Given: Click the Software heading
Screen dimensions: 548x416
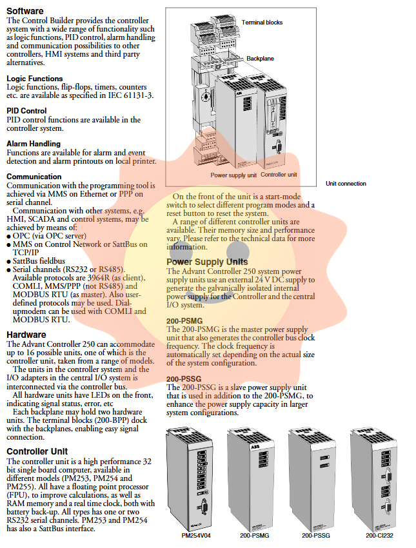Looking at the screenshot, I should (x=25, y=11).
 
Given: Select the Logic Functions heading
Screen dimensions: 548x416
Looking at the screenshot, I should (x=35, y=79).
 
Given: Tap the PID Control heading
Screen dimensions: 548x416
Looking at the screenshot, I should (x=26, y=111).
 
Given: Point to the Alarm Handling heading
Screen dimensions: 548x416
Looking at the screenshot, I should (x=34, y=144).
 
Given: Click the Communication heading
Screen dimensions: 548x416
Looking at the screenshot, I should (x=34, y=177).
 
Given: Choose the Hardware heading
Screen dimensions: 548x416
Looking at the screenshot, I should (x=26, y=335).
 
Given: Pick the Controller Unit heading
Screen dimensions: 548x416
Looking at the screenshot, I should (x=37, y=451).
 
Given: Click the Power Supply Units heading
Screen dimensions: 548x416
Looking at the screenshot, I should (x=207, y=262).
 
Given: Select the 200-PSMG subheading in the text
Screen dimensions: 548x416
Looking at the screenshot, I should (x=184, y=320).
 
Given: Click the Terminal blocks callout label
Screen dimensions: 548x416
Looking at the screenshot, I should (x=262, y=23).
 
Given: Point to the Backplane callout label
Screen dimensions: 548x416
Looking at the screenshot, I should (x=260, y=59).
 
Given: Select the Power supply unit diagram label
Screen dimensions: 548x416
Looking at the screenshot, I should (x=233, y=175).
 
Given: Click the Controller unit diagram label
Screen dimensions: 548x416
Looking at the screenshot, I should (x=279, y=175).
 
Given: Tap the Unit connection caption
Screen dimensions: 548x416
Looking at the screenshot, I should (x=346, y=184).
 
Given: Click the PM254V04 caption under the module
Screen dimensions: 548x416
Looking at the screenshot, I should (x=196, y=535).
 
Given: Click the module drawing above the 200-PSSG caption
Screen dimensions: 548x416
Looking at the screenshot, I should (x=314, y=477).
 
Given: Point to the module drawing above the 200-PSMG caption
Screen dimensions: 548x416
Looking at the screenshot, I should (x=253, y=477).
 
